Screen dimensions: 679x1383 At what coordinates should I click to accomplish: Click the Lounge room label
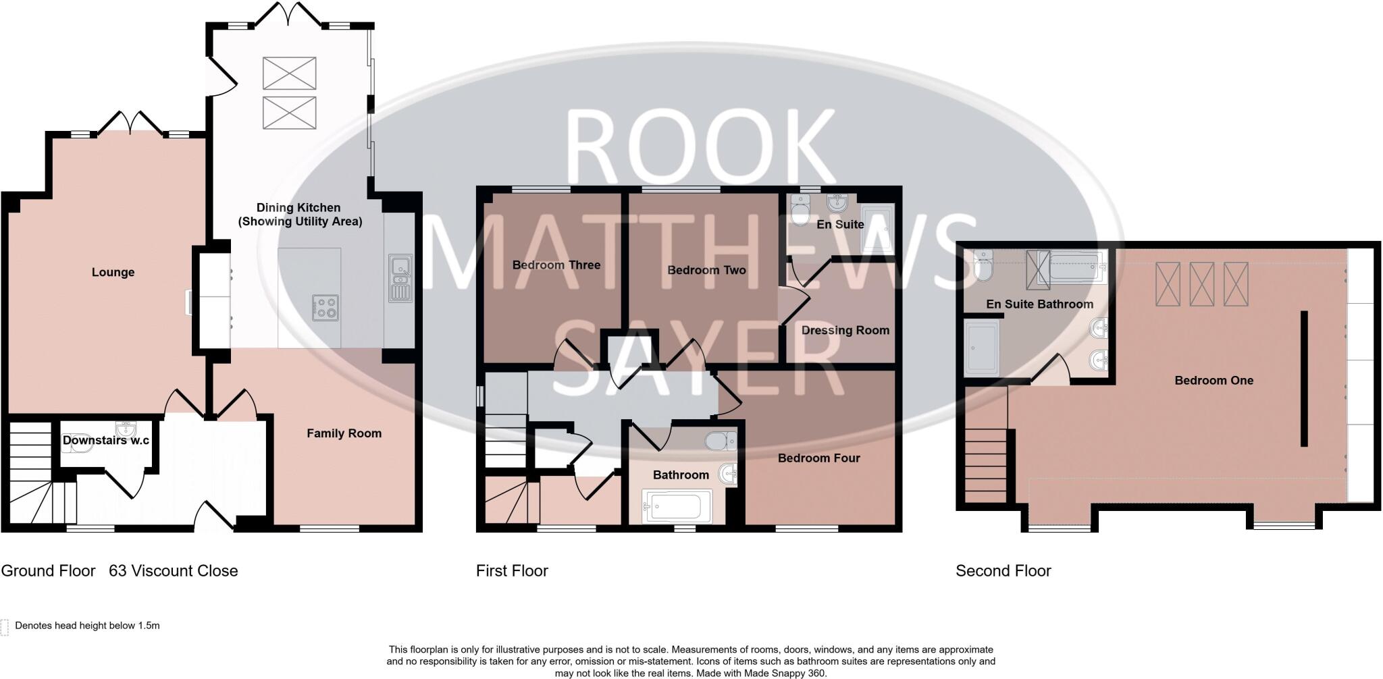pos(113,273)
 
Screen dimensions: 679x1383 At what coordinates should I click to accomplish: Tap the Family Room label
pos(344,433)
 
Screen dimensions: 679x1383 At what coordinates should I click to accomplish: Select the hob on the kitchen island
pos(325,308)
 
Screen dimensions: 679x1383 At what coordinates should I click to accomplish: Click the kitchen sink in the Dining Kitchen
pos(400,277)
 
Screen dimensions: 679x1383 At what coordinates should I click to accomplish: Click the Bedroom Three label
pos(556,265)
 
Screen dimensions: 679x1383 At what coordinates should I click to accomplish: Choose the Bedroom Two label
pos(706,270)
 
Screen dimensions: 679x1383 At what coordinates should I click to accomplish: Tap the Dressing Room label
pos(845,330)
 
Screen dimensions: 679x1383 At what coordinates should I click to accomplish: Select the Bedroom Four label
pos(818,458)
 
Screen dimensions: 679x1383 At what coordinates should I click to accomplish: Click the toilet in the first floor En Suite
pos(800,210)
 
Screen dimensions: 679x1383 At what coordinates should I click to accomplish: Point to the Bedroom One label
pos(1214,381)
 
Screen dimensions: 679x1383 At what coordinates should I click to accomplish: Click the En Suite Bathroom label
pos(1039,304)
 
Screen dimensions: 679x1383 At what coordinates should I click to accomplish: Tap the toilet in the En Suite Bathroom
pos(983,266)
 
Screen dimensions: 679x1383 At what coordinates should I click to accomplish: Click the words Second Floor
pos(1003,571)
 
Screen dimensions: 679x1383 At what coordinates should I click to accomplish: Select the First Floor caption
pos(512,571)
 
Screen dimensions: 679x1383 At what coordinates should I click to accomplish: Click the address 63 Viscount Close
pos(174,571)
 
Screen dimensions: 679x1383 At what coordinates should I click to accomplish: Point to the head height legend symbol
pos(5,627)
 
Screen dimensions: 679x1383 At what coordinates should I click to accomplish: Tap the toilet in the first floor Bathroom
pos(721,441)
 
